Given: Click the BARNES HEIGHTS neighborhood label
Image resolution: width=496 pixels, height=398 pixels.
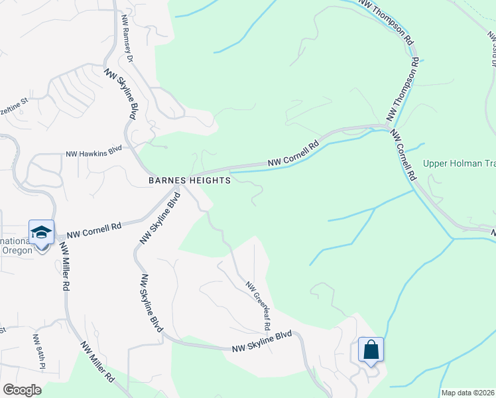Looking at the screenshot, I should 190,180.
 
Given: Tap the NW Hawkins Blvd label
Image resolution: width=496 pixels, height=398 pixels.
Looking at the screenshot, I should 94,153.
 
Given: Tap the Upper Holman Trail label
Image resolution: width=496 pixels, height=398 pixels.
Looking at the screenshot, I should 460,164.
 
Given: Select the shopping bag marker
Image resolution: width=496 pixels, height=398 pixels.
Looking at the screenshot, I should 371,349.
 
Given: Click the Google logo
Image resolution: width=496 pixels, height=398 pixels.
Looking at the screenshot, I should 23,390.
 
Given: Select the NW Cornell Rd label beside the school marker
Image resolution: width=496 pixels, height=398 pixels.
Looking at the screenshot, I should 98,227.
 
